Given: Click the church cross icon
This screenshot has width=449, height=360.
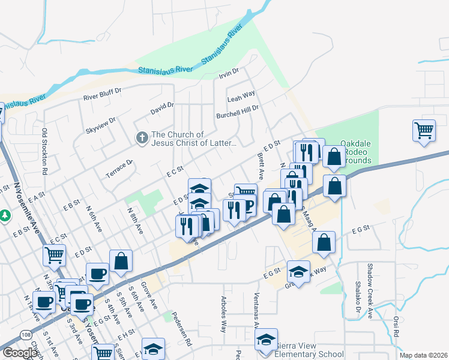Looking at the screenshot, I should [142, 139].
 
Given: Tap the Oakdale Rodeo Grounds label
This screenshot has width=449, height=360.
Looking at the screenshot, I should [357, 152].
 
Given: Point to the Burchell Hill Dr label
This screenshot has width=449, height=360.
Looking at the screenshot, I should [237, 112].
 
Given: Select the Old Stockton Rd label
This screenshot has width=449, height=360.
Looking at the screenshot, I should [44, 151].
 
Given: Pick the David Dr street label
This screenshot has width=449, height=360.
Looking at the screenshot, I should [162, 109].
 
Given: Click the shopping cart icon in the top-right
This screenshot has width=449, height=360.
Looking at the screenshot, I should [424, 130].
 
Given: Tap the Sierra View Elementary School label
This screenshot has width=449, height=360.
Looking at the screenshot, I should [310, 354].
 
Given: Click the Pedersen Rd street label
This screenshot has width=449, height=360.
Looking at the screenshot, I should [181, 328].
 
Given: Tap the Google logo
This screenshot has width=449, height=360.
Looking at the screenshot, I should [20, 353].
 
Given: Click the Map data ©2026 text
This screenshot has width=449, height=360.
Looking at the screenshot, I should [423, 355].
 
